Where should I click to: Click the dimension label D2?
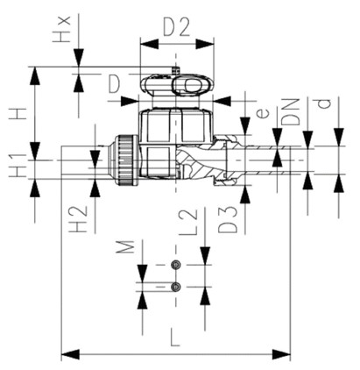[176, 27]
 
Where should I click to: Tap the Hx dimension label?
[61, 29]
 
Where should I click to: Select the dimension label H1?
[18, 165]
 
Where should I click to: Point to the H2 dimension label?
[78, 219]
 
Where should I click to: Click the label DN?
[291, 112]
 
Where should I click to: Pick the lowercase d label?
[324, 103]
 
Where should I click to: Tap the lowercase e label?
[264, 113]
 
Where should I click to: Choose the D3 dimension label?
[228, 219]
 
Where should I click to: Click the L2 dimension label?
[188, 222]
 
